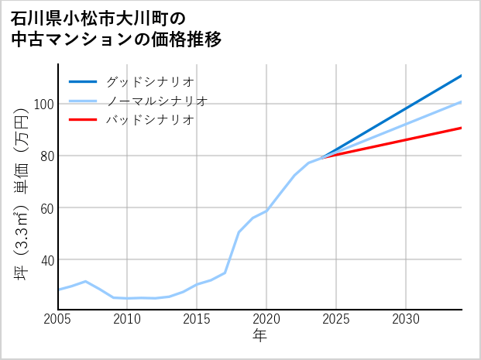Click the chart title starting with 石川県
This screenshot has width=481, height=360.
pos(116,29)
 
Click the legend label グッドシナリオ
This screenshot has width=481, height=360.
pos(149,81)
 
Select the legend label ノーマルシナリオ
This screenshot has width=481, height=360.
pos(156,101)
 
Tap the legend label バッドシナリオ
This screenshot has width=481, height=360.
pos(149,120)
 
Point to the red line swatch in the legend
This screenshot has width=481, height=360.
pos(83,120)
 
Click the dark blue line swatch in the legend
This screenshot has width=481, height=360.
pos(83,81)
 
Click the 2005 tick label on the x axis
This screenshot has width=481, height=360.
pos(58,319)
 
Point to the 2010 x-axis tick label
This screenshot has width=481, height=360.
pos(128,319)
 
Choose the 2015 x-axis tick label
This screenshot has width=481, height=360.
pos(198,319)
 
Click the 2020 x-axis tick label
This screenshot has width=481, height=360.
pos(266,319)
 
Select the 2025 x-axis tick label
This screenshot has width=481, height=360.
pos(336,319)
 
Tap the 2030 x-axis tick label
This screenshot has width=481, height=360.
pos(406,319)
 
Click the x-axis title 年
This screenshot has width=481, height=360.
pos(260,336)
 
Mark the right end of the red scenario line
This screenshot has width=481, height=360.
pos(462,128)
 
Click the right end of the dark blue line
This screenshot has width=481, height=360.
pos(462,76)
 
